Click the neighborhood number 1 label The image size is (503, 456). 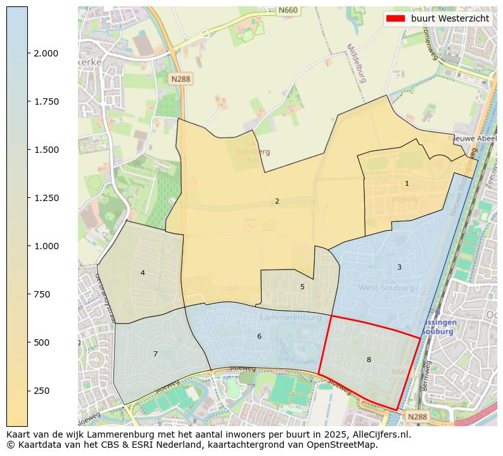coord(407,183)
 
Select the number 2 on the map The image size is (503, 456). coord(277,201)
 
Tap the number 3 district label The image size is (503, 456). coord(399,267)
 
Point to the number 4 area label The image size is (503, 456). coord(143,273)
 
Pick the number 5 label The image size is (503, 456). coord(302,287)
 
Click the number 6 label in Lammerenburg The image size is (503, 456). coord(259,336)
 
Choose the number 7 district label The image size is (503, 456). coord(155,354)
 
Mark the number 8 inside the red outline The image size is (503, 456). coord(369,360)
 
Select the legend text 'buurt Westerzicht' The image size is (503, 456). coord(450,18)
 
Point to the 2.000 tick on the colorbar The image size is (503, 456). coord(46,53)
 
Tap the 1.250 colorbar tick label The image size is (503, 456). coord(46,198)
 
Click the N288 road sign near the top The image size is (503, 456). coord(181,79)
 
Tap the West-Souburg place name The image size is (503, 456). coord(386,288)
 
